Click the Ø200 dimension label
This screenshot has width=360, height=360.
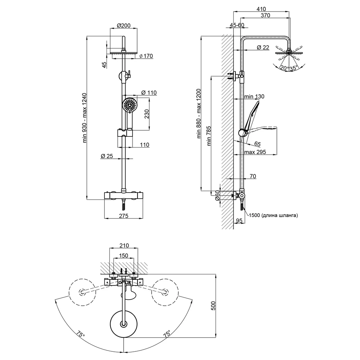tap(124, 26)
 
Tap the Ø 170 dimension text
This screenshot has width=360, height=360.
tap(146, 56)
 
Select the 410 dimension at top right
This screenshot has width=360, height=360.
tap(261, 9)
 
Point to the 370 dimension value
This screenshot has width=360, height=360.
tap(265, 15)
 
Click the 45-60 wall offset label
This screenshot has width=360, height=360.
tap(237, 25)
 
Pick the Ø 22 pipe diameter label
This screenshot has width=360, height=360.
tap(263, 47)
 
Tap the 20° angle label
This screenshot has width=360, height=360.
tap(284, 68)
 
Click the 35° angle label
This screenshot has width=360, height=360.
tap(293, 68)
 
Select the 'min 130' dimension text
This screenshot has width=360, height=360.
tap(254, 96)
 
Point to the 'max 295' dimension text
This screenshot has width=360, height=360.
tap(255, 152)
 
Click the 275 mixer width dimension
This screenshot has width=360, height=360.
tap(123, 216)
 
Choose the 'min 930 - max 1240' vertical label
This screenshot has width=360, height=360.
tap(85, 118)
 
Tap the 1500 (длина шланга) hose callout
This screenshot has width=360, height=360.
tap(273, 215)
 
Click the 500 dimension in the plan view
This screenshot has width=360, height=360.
tap(213, 306)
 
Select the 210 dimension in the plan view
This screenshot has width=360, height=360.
tap(124, 246)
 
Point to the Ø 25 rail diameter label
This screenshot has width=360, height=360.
tap(107, 156)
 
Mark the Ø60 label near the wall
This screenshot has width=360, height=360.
tap(217, 195)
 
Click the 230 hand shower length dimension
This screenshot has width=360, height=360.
tap(147, 114)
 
